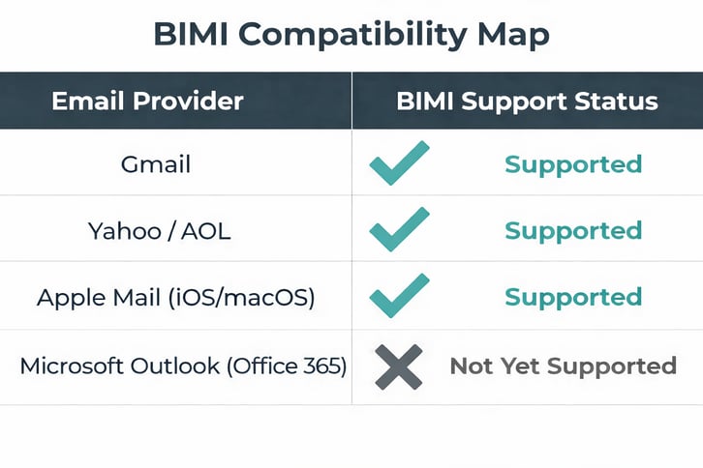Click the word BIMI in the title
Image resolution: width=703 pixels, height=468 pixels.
pos(191,35)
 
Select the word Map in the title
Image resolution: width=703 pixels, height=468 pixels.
pos(512,35)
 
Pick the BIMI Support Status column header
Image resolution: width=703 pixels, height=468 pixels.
pos(527,101)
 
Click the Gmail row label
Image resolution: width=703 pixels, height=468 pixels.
pos(156,163)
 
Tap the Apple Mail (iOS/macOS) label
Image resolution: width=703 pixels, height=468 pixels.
pos(175,297)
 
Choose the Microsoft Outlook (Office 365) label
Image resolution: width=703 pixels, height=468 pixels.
pos(183,366)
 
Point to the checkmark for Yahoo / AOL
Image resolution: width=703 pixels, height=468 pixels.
pos(399,229)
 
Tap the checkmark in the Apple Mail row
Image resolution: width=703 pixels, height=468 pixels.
pos(399,295)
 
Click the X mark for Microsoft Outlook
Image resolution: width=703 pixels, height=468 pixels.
pos(398,366)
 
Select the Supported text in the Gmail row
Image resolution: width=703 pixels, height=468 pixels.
pos(573,164)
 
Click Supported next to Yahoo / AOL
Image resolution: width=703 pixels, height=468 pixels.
pos(573,231)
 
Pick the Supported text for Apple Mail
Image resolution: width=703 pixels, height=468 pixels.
pos(573,297)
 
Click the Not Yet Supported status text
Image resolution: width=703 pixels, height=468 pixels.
pos(563,366)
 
